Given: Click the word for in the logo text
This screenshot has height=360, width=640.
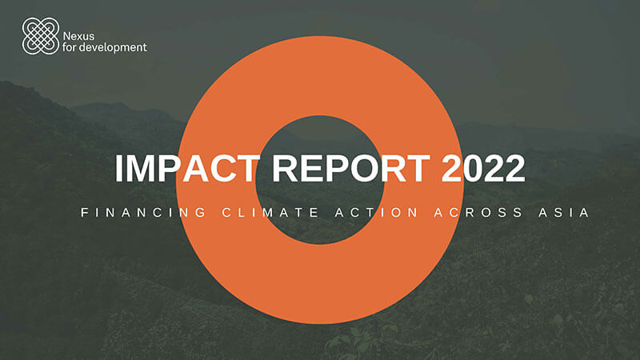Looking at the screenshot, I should tap(74, 46).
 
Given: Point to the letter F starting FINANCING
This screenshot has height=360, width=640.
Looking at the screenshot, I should tap(84, 214).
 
